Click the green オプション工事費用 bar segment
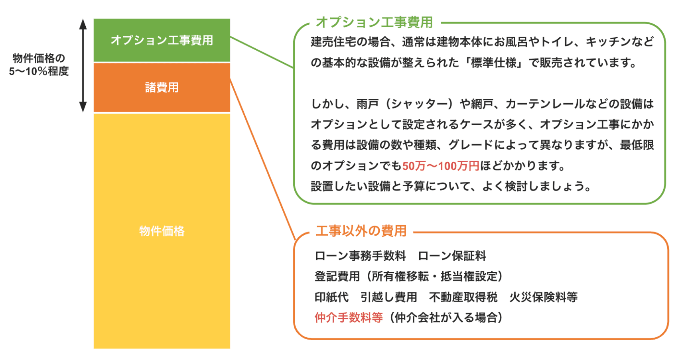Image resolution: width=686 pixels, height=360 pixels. click(x=162, y=40)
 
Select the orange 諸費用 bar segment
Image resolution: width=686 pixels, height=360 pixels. click(x=162, y=87)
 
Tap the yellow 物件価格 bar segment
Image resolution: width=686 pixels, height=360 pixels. click(x=162, y=231)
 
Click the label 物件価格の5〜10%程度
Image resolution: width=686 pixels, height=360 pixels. click(x=39, y=65)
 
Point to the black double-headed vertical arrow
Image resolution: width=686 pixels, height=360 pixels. click(x=83, y=65)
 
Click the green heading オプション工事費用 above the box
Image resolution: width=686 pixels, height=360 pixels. click(x=374, y=22)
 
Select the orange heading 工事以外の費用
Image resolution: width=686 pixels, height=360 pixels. click(x=361, y=231)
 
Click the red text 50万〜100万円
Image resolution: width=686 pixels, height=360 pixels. click(x=440, y=166)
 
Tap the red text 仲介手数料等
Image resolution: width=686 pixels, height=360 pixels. click(x=348, y=317)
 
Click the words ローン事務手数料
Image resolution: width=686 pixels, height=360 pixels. click(x=360, y=256)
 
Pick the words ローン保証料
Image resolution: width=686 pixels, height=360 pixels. click(x=452, y=256)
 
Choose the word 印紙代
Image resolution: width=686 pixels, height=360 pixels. click(x=331, y=297)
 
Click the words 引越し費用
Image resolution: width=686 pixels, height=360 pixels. click(x=388, y=297)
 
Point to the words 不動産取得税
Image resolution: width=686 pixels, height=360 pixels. click(x=463, y=297)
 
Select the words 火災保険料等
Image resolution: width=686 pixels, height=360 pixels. click(x=543, y=297)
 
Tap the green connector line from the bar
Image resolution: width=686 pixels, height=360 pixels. click(x=262, y=52)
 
